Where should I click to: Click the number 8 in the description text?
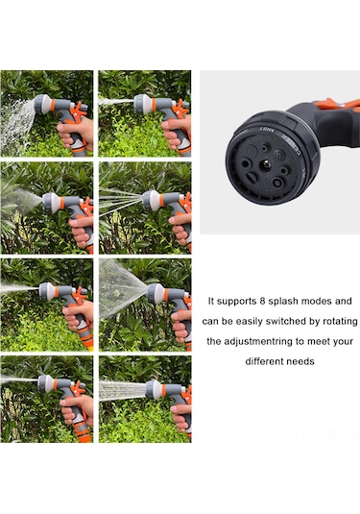pyautogui.click(x=262, y=301)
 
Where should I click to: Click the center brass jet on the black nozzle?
pyautogui.click(x=265, y=164)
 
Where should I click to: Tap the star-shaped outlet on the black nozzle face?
pyautogui.click(x=247, y=163)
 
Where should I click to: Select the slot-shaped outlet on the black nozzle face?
pyautogui.click(x=252, y=179)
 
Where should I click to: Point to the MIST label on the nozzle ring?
pyautogui.click(x=267, y=130)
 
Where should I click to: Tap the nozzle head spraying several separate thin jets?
pyautogui.click(x=150, y=200)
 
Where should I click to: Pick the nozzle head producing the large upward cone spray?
pyautogui.click(x=155, y=293)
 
